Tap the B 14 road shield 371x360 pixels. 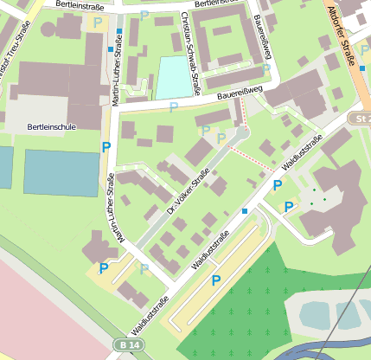tap(125, 345)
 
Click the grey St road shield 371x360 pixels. tap(360, 118)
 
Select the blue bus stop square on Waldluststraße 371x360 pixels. tap(245, 211)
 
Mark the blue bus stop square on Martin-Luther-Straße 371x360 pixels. tap(118, 32)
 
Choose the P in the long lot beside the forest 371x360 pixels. tap(216, 279)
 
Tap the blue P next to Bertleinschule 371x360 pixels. tap(106, 148)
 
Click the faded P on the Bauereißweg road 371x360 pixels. tap(174, 106)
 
